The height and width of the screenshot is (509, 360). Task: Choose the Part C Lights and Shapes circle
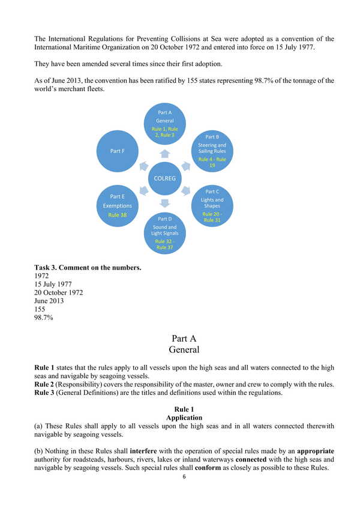pos(212,205)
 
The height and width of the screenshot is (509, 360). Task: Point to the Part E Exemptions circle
pos(118,205)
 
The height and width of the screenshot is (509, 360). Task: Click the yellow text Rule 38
pos(117,214)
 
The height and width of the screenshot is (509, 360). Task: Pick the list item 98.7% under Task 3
pos(44,318)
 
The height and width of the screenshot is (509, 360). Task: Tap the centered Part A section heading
pos(184,339)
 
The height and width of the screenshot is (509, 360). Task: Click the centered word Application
pos(184,417)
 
